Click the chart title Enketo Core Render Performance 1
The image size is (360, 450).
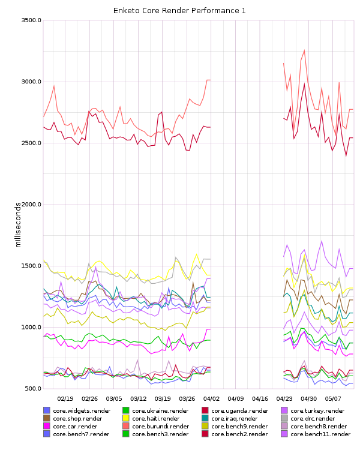coord(180,11)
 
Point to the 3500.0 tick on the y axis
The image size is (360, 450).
coord(30,20)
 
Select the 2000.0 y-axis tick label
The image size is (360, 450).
coord(30,205)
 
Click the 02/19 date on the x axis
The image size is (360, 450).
coord(65,398)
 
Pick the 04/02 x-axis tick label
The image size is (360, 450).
coord(211,398)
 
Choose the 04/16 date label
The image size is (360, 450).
coord(260,398)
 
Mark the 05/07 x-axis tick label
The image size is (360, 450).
coord(333,398)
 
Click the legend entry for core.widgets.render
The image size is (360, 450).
coord(82,411)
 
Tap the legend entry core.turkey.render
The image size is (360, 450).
coord(317,411)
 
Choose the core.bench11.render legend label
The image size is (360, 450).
coord(320,434)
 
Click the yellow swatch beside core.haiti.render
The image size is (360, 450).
coord(126,419)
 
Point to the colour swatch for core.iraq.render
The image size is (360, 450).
coord(205,419)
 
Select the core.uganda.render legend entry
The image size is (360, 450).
coord(239,411)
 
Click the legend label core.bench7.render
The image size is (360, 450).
coord(81,434)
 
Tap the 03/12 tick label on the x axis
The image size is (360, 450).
coord(139,398)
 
